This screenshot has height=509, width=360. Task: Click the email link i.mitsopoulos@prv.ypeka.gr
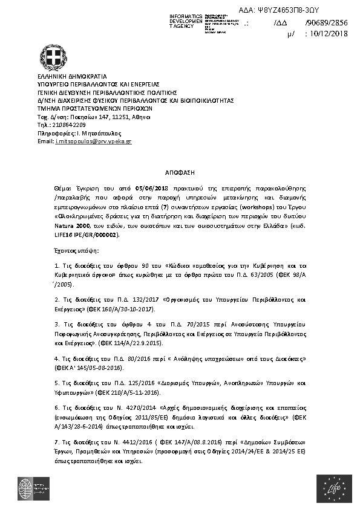pos(93,141)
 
